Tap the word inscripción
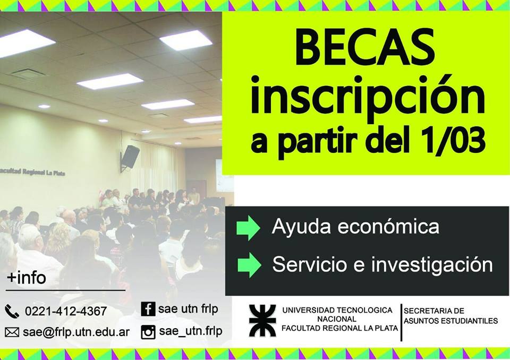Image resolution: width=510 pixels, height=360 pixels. coord(368,98)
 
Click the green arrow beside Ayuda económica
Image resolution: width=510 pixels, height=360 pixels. coord(248,228)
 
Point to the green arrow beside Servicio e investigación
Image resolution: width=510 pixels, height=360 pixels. coord(249,265)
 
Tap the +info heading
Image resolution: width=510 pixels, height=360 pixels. coord(27,278)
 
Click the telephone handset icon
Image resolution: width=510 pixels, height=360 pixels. coord(12,311)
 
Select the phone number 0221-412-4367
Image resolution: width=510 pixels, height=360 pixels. coord(66,311)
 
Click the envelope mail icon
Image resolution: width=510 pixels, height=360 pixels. coord(12,332)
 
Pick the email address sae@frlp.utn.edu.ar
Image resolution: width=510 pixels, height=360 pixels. coord(76,332)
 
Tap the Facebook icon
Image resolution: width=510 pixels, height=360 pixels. coord(148,308)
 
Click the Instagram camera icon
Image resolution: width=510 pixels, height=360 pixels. coord(148,332)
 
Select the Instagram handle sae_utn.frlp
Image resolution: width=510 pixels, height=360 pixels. coord(191,331)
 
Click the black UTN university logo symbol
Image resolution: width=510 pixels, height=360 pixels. coord(262,320)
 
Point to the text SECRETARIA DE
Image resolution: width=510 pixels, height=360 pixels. coord(434,311)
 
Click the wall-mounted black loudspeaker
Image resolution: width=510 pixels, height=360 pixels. coord(130,157)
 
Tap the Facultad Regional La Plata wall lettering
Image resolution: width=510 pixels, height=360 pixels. coord(32,172)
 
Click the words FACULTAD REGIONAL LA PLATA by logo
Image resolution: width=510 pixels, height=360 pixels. coord(339,328)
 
